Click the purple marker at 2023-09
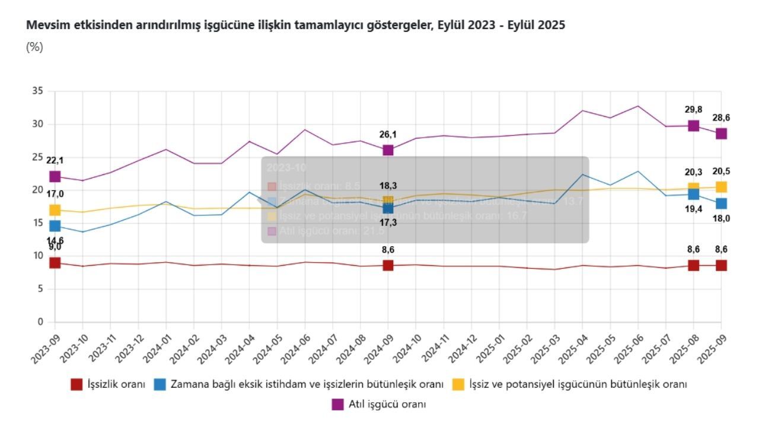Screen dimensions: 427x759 coord(55,176)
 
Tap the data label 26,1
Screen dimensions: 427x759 coord(388,135)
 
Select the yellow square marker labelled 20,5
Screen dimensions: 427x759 coord(721,187)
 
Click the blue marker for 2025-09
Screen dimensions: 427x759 coord(721,203)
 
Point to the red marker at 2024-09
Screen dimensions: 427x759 coord(388,265)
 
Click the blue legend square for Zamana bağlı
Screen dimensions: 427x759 coord(160,384)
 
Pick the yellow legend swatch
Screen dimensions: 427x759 coord(458,384)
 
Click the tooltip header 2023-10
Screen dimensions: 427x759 coord(279,168)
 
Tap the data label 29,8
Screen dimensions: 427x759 coord(693,110)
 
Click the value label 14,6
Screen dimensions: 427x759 coord(55,240)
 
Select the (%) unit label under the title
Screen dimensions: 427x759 coord(34,47)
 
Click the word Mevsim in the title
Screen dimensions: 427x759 coord(44,25)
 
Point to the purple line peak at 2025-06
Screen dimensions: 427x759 coord(637,106)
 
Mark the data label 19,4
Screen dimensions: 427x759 coord(693,209)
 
